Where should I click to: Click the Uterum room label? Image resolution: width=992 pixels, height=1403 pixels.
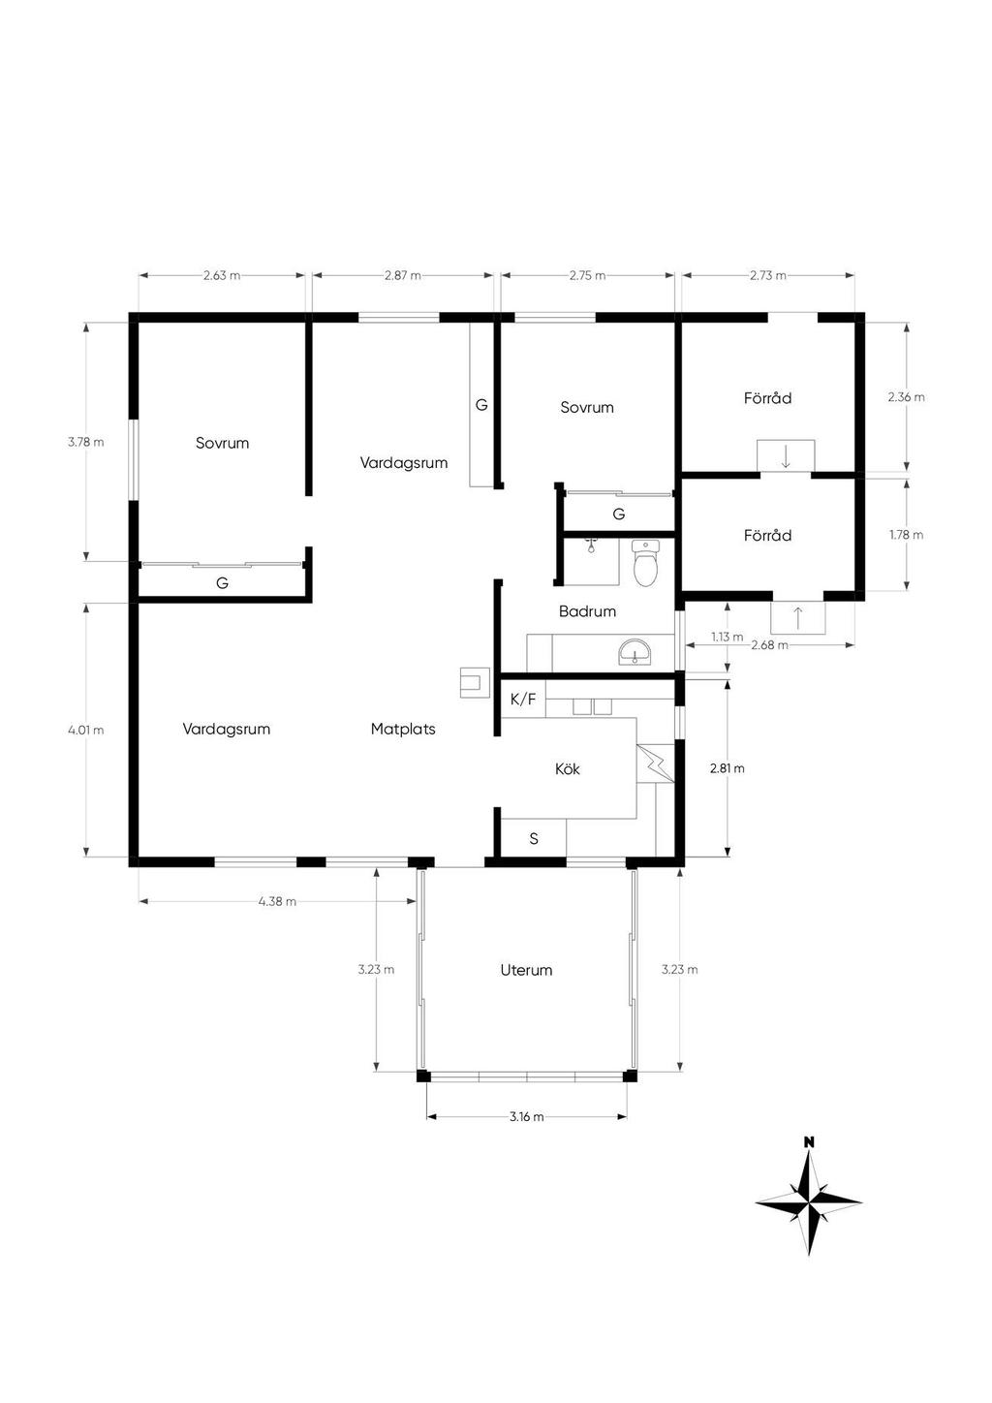(526, 970)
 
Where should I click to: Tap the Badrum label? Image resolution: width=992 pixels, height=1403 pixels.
(587, 611)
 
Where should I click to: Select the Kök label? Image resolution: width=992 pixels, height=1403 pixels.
(568, 768)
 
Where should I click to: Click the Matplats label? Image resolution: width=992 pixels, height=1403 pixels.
(403, 729)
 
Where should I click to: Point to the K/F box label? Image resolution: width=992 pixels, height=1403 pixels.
(522, 699)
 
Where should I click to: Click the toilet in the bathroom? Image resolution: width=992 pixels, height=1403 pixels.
(644, 564)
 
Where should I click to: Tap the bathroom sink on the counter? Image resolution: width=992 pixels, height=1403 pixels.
(635, 652)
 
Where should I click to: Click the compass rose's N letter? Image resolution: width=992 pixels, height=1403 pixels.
(809, 1142)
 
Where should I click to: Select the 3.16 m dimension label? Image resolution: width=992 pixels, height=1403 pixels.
(526, 1116)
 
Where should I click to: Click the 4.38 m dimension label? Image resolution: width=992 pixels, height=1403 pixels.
(277, 901)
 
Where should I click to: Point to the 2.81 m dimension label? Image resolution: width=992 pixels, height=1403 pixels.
(727, 768)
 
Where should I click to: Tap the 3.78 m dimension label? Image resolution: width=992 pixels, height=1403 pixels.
(85, 442)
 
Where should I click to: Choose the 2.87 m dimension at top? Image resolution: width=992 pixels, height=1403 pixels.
(402, 275)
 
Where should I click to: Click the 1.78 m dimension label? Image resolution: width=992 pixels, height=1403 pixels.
(906, 535)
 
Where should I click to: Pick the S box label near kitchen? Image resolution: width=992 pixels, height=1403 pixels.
(534, 839)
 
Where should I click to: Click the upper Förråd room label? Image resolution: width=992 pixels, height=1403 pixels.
(767, 397)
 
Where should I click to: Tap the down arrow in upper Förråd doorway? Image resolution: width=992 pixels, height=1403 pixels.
(786, 455)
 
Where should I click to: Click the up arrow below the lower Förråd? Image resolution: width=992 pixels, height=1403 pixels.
(797, 617)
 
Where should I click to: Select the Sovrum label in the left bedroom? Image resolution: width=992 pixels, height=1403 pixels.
(222, 443)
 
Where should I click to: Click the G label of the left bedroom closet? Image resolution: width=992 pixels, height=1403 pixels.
(222, 583)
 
